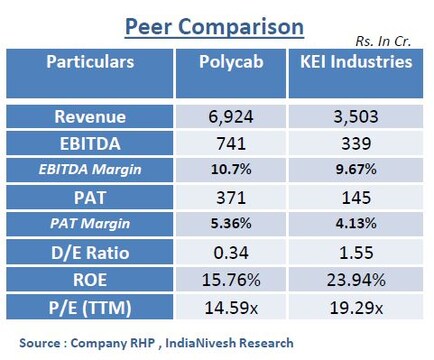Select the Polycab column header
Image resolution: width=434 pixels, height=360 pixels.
click(x=238, y=62)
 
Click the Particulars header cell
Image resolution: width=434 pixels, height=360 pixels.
click(x=91, y=62)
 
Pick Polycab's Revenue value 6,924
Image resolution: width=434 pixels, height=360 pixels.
click(x=238, y=117)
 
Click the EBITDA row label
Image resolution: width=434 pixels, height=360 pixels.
click(x=91, y=144)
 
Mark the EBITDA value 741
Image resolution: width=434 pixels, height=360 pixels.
click(x=238, y=144)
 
